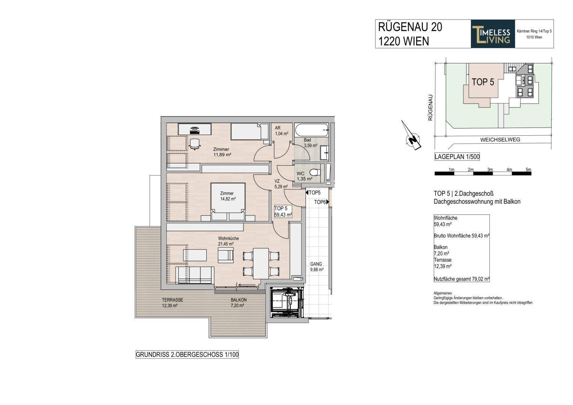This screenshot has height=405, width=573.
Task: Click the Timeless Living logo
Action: pos(493,34)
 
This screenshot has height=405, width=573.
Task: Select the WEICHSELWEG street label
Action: pos(500,139)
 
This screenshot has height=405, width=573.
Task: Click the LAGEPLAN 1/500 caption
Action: pos(457,157)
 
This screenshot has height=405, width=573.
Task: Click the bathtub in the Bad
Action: pos(312,131)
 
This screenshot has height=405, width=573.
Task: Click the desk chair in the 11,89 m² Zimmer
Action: pos(194,144)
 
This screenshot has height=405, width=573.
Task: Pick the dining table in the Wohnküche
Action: pos(261,263)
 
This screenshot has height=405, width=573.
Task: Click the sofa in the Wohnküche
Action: pos(195,275)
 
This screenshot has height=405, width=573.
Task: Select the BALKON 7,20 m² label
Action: pos(239,303)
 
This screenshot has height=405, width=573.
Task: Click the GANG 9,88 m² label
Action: pos(316,266)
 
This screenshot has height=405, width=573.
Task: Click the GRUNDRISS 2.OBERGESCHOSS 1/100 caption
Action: pos(187,354)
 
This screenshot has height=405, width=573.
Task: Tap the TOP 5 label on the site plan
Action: pos(483,82)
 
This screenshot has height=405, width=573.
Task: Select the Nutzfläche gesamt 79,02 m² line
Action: pos(462,279)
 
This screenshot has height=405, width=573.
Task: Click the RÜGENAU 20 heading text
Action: pos(409,27)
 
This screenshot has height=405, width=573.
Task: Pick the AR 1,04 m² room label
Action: pos(281,130)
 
